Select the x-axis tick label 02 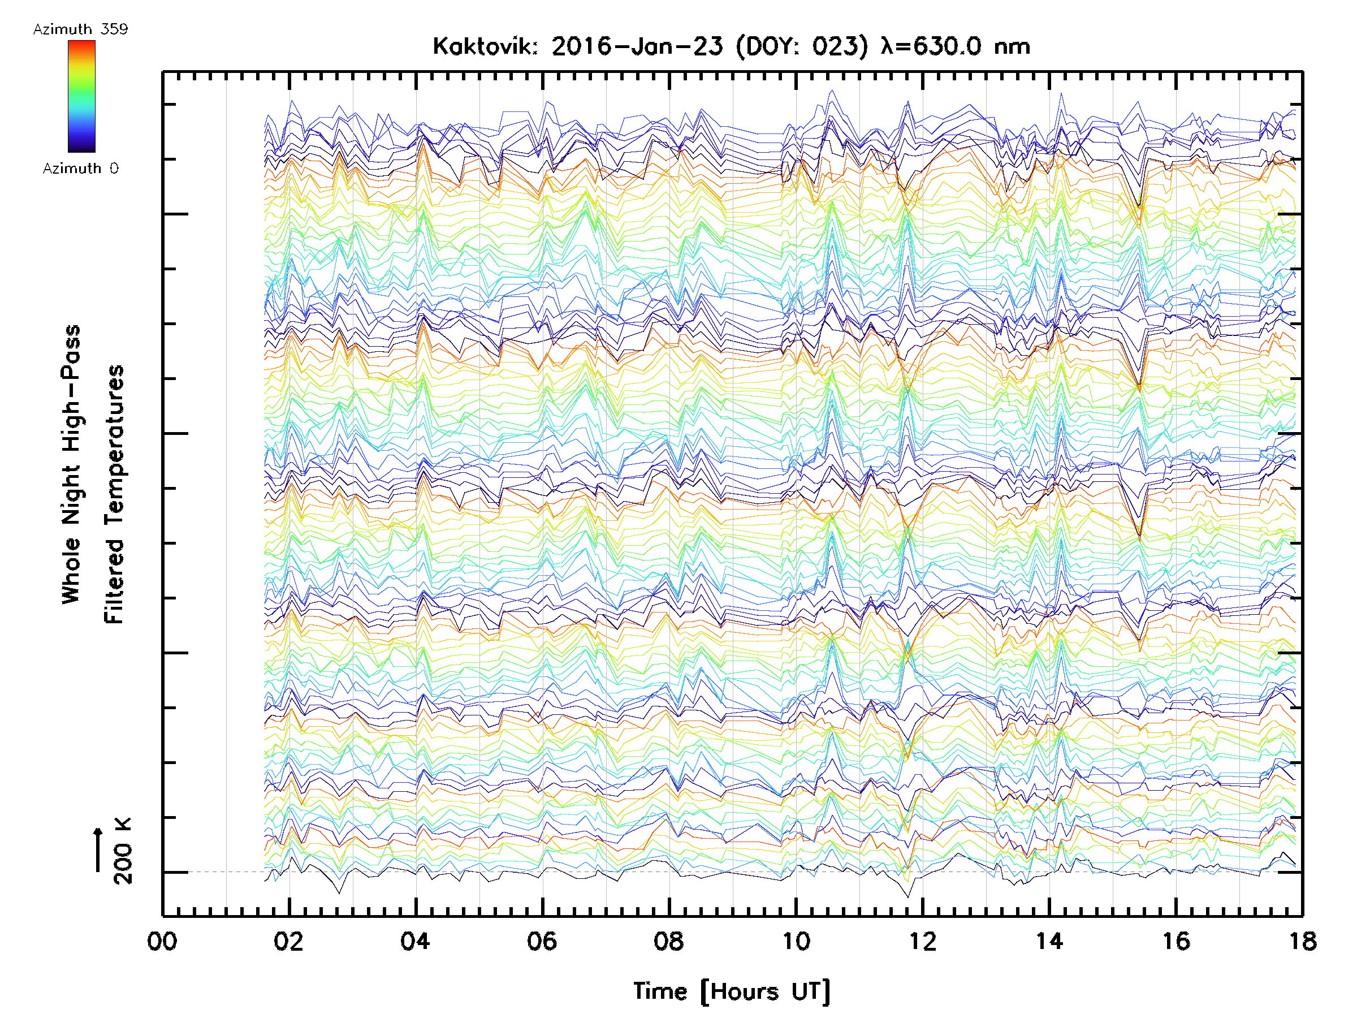pyautogui.click(x=288, y=941)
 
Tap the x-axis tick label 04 pyautogui.click(x=416, y=941)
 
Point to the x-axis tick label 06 pyautogui.click(x=542, y=941)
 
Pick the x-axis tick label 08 pyautogui.click(x=669, y=941)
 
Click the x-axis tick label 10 pyautogui.click(x=796, y=941)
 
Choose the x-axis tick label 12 pyautogui.click(x=923, y=941)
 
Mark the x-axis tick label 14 pyautogui.click(x=1049, y=941)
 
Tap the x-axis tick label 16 pyautogui.click(x=1176, y=941)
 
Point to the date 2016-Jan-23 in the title pyautogui.click(x=637, y=46)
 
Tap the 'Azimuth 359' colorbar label pyautogui.click(x=80, y=29)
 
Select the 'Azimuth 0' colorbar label pyautogui.click(x=80, y=169)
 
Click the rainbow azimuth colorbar pyautogui.click(x=81, y=96)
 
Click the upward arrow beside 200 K pyautogui.click(x=98, y=849)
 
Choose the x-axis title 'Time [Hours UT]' pyautogui.click(x=732, y=991)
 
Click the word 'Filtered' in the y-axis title pyautogui.click(x=114, y=580)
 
